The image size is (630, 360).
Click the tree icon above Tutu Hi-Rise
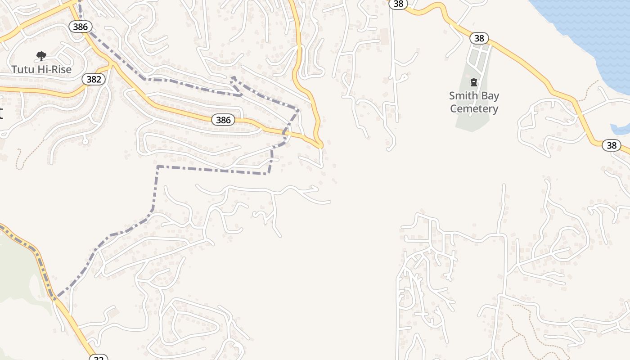(x=41, y=56)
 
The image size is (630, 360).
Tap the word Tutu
(x=22, y=69)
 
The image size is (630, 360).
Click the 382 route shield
(x=94, y=80)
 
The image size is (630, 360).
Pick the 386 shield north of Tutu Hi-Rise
(x=80, y=27)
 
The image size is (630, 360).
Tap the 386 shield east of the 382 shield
(x=223, y=120)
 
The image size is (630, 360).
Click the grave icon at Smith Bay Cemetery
(x=474, y=82)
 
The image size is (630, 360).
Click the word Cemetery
(x=474, y=108)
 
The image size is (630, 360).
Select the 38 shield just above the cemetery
(x=479, y=38)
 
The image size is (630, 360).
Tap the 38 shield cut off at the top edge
(x=398, y=4)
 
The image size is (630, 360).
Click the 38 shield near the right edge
(x=612, y=145)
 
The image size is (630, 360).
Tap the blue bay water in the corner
(x=594, y=27)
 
